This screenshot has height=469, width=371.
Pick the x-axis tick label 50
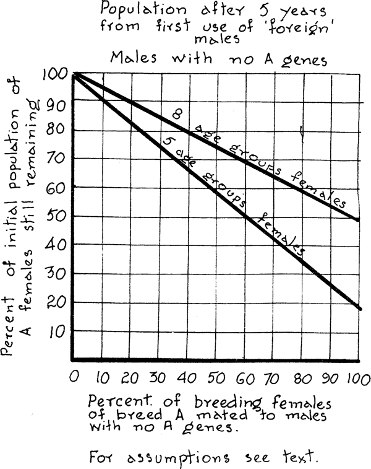click(216, 377)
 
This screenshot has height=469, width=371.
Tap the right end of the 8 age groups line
click(359, 220)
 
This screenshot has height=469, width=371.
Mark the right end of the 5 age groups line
click(359, 308)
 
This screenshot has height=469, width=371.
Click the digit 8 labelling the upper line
click(177, 115)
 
